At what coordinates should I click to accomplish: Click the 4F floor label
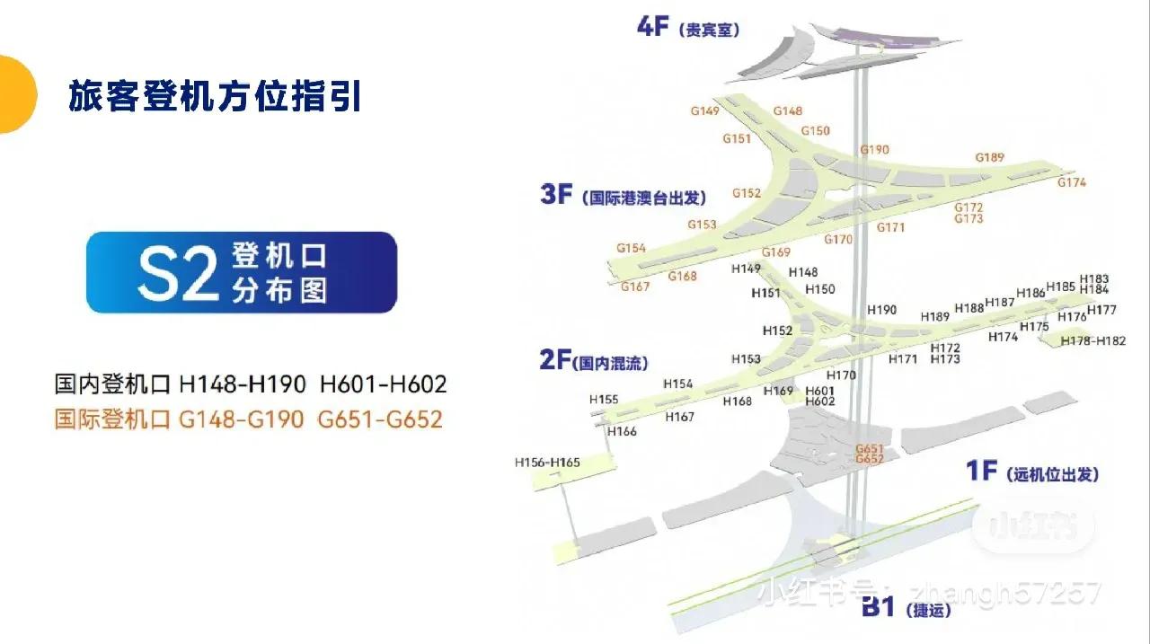pyautogui.click(x=653, y=27)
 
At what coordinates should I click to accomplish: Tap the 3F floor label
pyautogui.click(x=556, y=194)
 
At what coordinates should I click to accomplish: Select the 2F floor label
pyautogui.click(x=554, y=361)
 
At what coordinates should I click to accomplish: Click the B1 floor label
pyautogui.click(x=878, y=608)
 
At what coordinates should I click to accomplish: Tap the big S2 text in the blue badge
pyautogui.click(x=179, y=273)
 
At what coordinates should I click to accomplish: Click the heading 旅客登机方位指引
pyautogui.click(x=215, y=96)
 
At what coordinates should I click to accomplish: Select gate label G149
pyautogui.click(x=705, y=111)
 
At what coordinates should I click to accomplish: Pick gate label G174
pyautogui.click(x=1071, y=182)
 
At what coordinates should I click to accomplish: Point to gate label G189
pyautogui.click(x=989, y=158)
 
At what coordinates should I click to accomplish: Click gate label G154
pyautogui.click(x=631, y=248)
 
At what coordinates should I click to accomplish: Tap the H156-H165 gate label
pyautogui.click(x=547, y=463)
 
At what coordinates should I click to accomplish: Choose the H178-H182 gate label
pyautogui.click(x=1092, y=341)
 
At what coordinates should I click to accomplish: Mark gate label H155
pyautogui.click(x=604, y=400)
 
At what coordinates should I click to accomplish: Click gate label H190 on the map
pyautogui.click(x=881, y=310)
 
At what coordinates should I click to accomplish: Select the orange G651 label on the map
pyautogui.click(x=870, y=448)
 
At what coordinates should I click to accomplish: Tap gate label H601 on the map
pyautogui.click(x=820, y=391)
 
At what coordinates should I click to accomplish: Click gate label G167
pyautogui.click(x=635, y=287)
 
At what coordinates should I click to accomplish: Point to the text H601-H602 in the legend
pyautogui.click(x=383, y=384)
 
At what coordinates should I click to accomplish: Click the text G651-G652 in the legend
pyautogui.click(x=380, y=419)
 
